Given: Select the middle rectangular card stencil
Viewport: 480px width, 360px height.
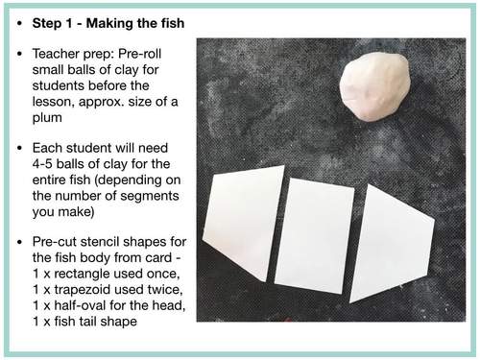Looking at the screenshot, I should pyautogui.click(x=315, y=234).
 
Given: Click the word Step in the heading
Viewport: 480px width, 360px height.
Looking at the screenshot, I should pyautogui.click(x=49, y=19).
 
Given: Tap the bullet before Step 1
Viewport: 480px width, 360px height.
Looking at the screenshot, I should pyautogui.click(x=21, y=19).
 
